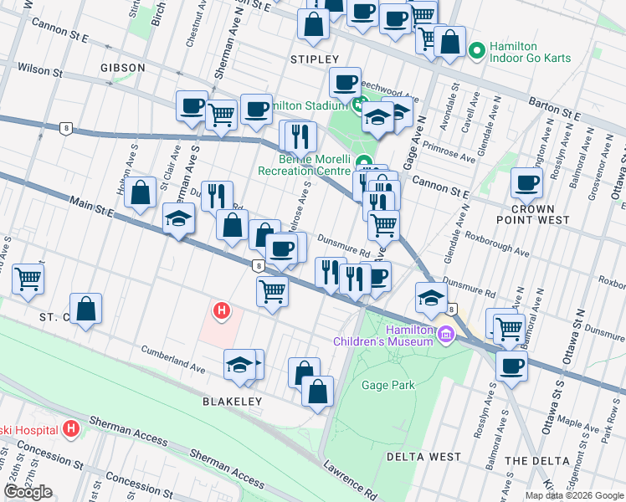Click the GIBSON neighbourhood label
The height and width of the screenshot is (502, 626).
point(122,67)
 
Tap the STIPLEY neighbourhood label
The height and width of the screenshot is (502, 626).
point(314,59)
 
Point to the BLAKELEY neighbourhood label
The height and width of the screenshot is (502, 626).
point(232,402)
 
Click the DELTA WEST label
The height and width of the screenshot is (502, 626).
point(423,457)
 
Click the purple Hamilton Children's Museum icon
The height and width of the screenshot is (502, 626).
point(446,336)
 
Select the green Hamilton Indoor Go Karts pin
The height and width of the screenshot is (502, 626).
point(477,52)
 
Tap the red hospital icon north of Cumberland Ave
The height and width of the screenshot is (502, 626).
point(222,312)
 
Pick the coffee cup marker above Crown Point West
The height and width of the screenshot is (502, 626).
point(527,183)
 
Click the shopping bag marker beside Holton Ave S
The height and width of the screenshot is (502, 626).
point(141,192)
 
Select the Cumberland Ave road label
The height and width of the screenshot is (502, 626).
point(173,357)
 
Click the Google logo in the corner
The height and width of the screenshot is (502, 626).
point(28,492)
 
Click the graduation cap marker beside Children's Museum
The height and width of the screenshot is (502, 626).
point(431,299)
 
